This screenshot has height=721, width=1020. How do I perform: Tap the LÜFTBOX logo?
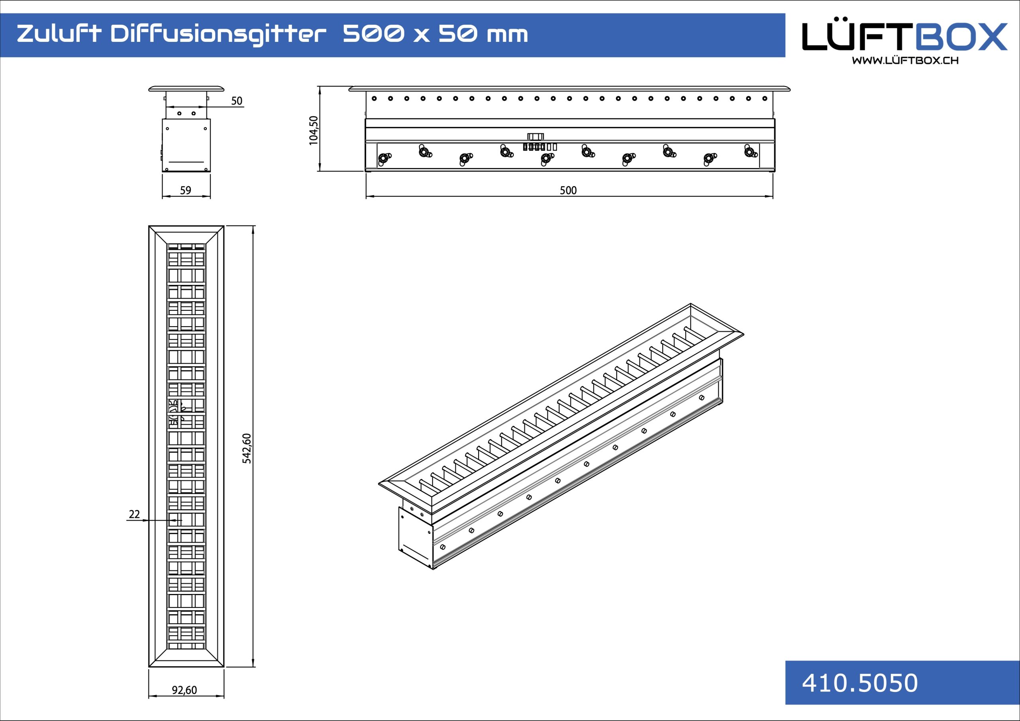click(x=904, y=37)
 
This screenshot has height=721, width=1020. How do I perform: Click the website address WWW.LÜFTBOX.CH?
click(x=905, y=61)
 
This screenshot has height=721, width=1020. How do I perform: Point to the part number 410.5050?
click(x=859, y=683)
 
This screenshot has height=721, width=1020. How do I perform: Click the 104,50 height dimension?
click(x=314, y=130)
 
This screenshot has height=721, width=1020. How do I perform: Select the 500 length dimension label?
click(x=568, y=190)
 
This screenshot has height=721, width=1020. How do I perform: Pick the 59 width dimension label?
click(x=186, y=190)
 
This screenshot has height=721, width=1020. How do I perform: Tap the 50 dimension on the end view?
click(x=237, y=101)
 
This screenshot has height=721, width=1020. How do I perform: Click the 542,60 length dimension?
click(x=247, y=448)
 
